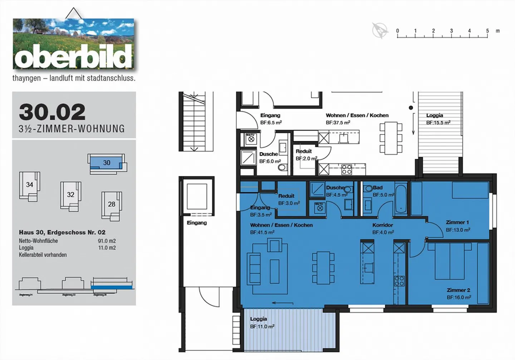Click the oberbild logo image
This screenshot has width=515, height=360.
[73, 44]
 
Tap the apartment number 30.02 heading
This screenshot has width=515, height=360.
[52, 112]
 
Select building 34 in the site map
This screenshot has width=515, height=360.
[29, 185]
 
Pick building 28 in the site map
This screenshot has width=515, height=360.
[112, 204]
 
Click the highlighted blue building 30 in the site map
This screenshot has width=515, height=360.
[107, 163]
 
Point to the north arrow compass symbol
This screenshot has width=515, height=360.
[380, 31]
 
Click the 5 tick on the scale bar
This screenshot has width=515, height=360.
[487, 31]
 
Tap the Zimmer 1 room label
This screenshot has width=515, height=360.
[457, 222]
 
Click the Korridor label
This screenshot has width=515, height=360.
[382, 225]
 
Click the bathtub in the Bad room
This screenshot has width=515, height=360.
[401, 199]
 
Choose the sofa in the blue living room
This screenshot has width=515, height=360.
[255, 268]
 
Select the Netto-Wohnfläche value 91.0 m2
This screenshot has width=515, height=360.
[107, 241]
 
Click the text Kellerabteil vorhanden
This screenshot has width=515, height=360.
[43, 255]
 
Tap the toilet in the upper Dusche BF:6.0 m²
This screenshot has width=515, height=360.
[282, 167]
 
